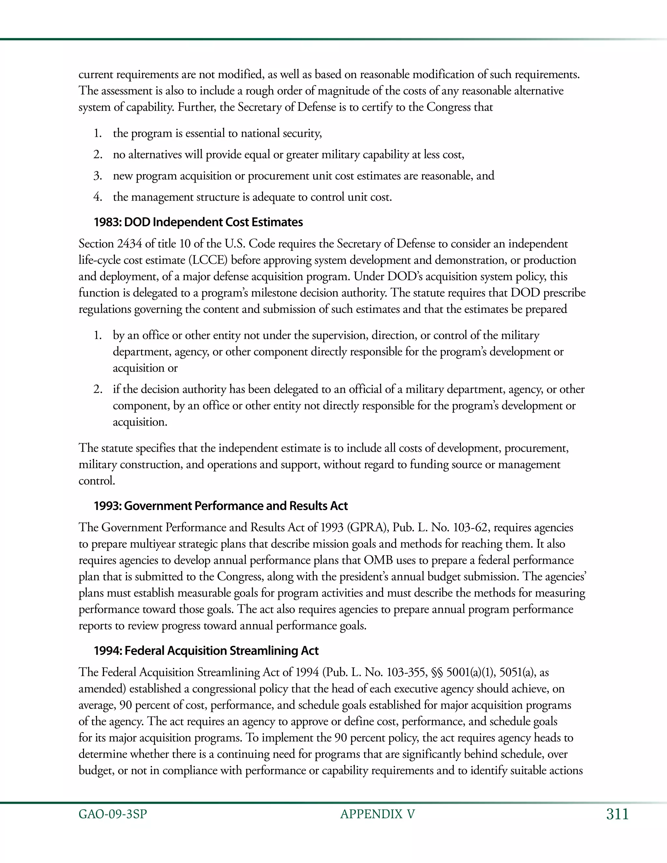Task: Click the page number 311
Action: [617, 814]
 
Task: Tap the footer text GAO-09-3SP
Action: [113, 814]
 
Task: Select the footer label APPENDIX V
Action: [377, 814]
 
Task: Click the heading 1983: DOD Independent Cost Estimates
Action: [198, 222]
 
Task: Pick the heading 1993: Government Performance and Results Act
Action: [220, 506]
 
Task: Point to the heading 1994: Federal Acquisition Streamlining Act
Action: [206, 650]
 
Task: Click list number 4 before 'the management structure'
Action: [98, 197]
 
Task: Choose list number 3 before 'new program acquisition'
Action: [98, 176]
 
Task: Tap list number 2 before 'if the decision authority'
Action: [98, 389]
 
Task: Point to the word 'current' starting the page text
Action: [96, 74]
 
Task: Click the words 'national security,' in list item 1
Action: [281, 133]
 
